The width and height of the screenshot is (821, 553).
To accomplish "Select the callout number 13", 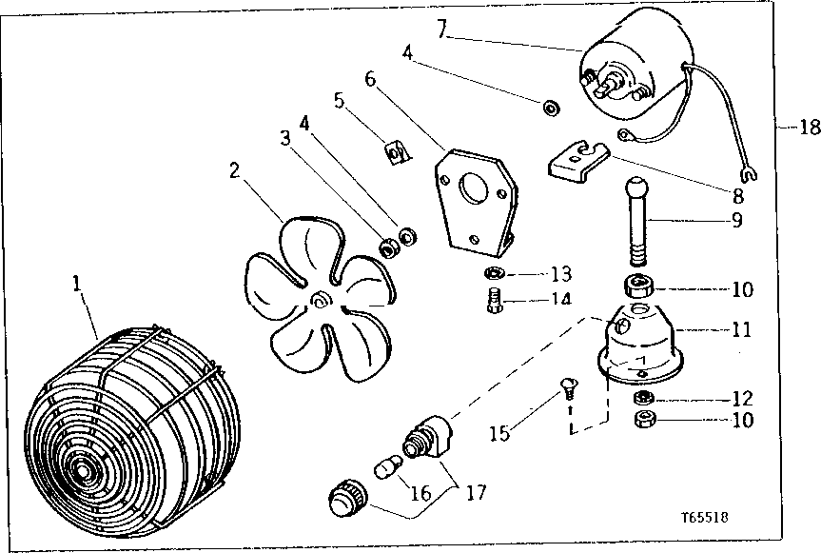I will pyautogui.click(x=558, y=275).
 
